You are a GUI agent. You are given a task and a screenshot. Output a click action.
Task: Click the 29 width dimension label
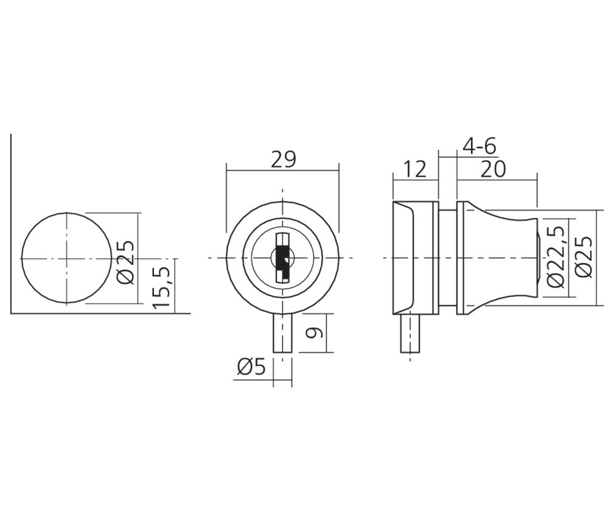coord(283,160)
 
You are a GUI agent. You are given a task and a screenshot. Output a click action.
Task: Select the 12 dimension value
coord(415,169)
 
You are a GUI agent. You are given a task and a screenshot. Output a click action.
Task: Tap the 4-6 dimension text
coord(480,146)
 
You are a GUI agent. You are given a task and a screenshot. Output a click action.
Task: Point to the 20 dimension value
coord(493,169)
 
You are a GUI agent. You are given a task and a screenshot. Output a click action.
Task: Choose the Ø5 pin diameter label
coord(252,367)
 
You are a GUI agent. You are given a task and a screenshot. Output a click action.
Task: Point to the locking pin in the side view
coord(410,333)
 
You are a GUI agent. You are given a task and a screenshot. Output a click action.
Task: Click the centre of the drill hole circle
coord(66,258)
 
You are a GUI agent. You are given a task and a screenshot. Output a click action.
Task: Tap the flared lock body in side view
coord(502,258)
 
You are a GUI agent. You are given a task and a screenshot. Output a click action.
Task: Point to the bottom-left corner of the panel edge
coord(11,314)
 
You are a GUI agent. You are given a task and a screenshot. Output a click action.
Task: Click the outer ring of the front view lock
coord(234,258)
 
